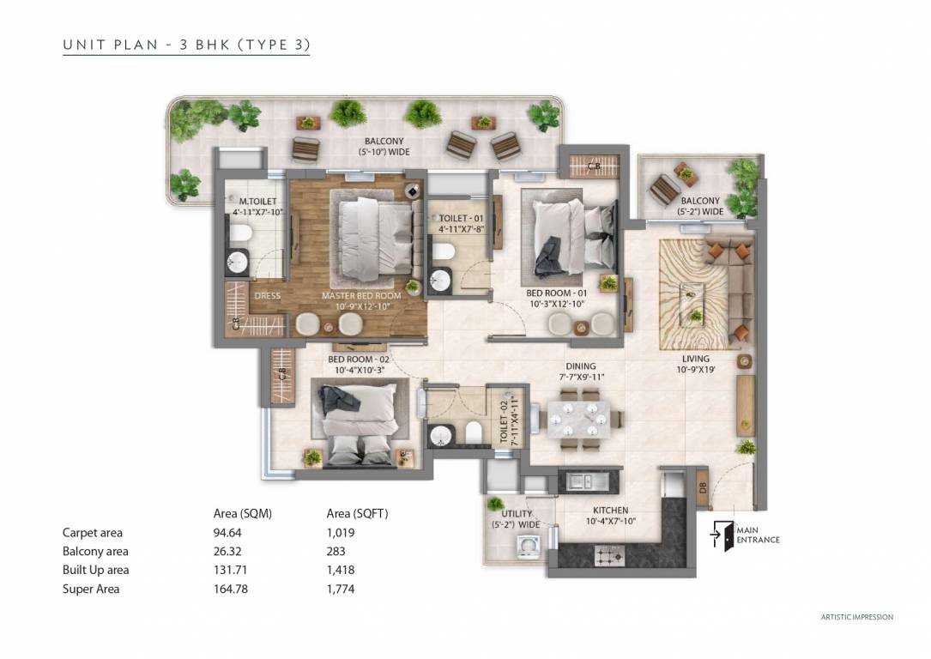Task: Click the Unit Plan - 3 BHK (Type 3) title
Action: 186,45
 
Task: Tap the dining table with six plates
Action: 582,420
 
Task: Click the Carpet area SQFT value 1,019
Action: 341,533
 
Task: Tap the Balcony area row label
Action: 95,552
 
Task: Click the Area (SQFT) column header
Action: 357,514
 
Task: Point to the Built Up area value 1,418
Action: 341,570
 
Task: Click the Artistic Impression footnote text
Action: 856,617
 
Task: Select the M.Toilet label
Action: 253,207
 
